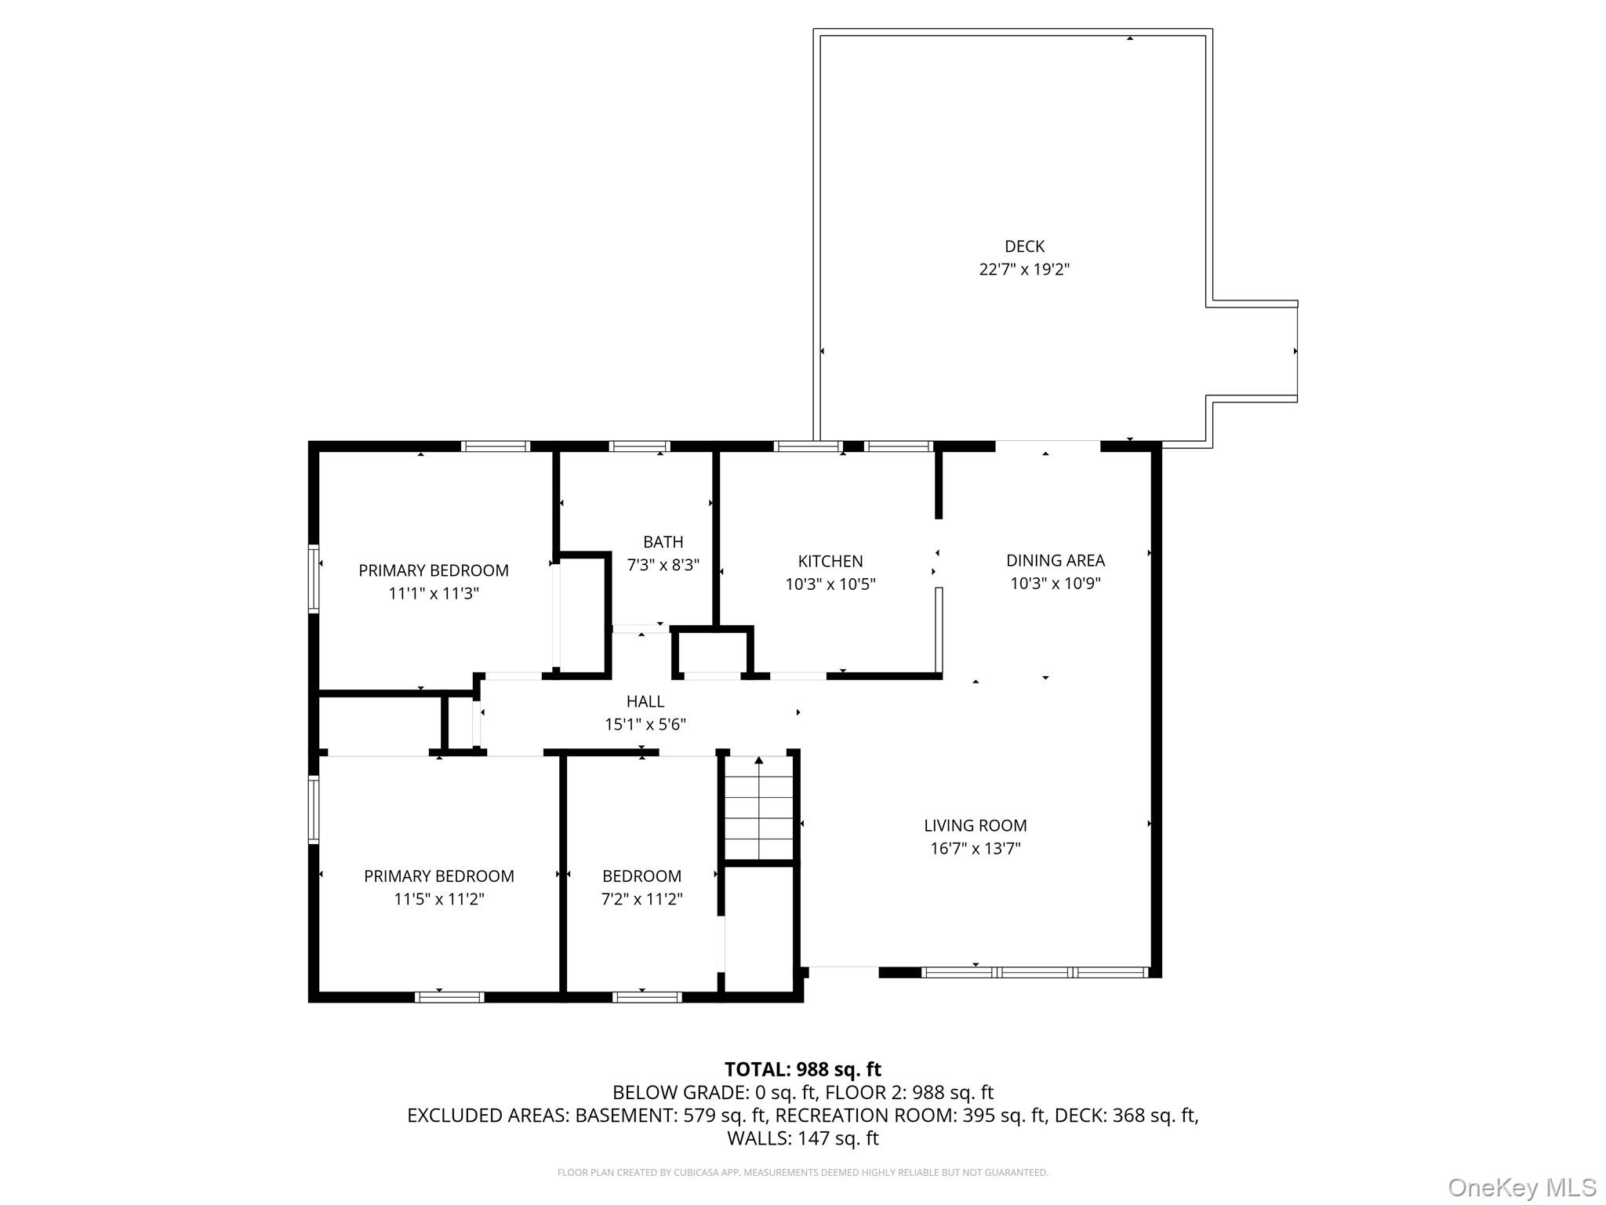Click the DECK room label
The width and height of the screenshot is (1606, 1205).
point(1024,246)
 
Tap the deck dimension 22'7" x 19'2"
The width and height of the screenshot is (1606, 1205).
point(1024,269)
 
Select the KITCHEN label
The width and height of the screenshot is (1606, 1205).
point(830,561)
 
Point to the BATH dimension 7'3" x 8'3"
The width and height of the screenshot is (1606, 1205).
point(663,565)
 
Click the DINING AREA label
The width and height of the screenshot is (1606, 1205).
point(1055,560)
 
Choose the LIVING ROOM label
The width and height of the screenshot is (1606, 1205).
point(975,825)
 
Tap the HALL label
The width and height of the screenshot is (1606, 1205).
point(645,701)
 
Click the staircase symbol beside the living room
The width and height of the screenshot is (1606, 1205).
point(758,808)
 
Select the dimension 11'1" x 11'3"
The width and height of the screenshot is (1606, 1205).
point(433,593)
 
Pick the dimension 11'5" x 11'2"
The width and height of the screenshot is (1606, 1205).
point(438,899)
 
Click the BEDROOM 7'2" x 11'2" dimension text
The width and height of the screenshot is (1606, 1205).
point(641,899)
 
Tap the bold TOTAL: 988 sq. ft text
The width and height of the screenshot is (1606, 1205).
point(802,1069)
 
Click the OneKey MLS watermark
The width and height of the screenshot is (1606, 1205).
point(1521,1187)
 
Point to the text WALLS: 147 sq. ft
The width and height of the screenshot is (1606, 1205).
point(802,1138)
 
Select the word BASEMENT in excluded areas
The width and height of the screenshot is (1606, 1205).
point(623,1116)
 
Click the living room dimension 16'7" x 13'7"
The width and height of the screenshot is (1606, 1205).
point(975,848)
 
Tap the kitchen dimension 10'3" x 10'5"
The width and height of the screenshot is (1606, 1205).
point(830,584)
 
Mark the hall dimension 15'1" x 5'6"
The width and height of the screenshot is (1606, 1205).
point(645,724)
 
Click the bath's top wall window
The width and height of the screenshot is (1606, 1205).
point(639,446)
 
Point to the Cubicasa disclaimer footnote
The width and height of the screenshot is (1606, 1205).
point(802,1173)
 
